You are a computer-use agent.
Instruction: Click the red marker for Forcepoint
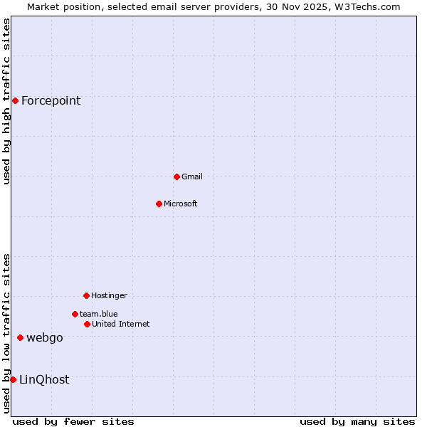click(15, 100)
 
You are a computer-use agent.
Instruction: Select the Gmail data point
click(176, 176)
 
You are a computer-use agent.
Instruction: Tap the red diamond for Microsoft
click(159, 204)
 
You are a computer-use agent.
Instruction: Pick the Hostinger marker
click(86, 295)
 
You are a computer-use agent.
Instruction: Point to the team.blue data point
click(75, 314)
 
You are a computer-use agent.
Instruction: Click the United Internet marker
click(87, 324)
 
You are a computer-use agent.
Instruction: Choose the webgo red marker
click(20, 337)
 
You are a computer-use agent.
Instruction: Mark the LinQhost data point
click(13, 379)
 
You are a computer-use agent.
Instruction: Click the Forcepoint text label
click(51, 100)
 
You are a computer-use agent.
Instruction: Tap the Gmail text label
click(192, 176)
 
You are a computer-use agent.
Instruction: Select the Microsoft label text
click(181, 204)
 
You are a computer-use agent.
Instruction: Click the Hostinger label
click(109, 295)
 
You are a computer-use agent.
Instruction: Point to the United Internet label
click(121, 324)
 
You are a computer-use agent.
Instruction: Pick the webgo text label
click(45, 337)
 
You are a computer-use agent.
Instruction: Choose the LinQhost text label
click(44, 379)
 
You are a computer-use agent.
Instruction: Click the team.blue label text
click(99, 314)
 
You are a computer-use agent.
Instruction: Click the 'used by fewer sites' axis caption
click(73, 421)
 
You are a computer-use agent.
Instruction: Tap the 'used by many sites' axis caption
click(357, 421)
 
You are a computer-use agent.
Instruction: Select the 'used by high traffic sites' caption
click(6, 101)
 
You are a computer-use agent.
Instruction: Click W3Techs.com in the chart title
click(364, 6)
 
